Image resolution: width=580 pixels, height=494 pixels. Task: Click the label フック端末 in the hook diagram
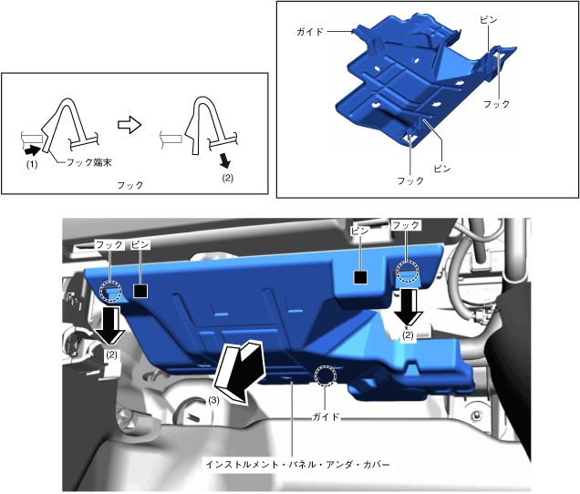coord(89,162)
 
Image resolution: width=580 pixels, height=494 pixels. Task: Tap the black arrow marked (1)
coord(33,150)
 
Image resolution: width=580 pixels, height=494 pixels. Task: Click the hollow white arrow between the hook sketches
coord(129,125)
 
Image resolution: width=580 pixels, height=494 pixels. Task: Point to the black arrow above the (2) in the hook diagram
coord(224,161)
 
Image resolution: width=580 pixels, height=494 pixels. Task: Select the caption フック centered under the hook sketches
coord(130,185)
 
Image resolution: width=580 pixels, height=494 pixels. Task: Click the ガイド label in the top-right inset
coord(310,31)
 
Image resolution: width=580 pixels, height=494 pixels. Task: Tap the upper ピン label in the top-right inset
coord(488,20)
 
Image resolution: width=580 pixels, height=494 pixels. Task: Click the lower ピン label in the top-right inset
coord(442,169)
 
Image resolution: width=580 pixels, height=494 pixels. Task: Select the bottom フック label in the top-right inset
coord(410,180)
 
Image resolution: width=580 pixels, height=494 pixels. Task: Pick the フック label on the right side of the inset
coord(497,104)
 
